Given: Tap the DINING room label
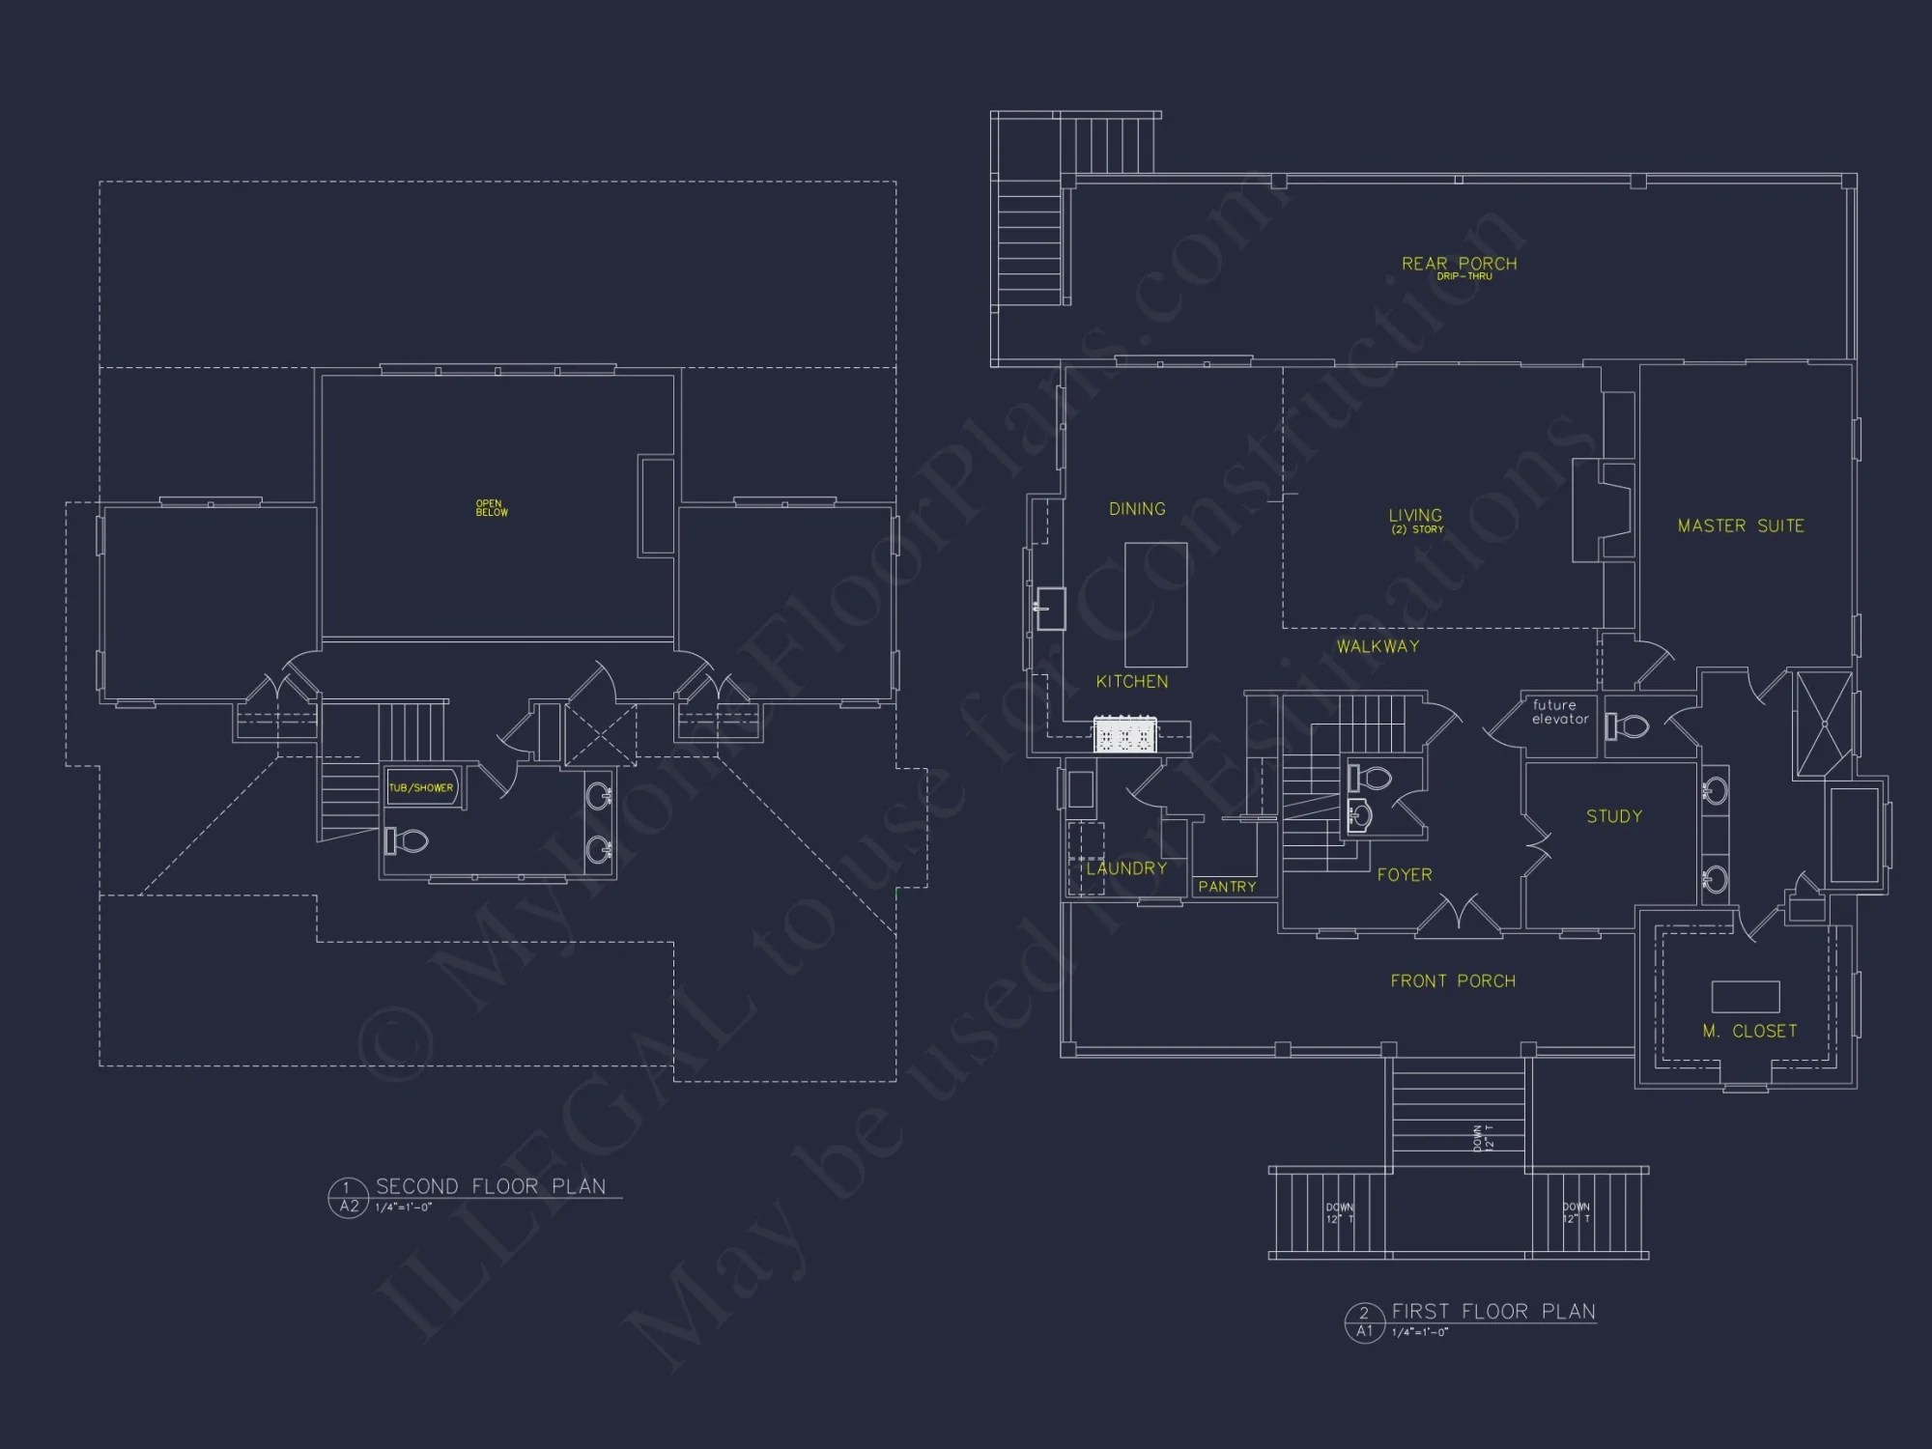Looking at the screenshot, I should click(1137, 509).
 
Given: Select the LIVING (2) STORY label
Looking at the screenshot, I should click(1416, 521).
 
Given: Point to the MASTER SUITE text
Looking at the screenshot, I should click(1741, 526).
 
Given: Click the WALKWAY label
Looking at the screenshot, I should click(1378, 646).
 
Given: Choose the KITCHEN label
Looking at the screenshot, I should click(1132, 682).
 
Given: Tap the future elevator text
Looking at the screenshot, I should click(1559, 712).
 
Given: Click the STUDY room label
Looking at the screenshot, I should click(1614, 816).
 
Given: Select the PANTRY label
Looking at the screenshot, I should click(1227, 887).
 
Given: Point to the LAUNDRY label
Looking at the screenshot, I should click(1126, 868).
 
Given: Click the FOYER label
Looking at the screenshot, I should click(1405, 875).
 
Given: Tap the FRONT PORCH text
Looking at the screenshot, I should click(1453, 981).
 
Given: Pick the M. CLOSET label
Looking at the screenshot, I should click(1749, 1032).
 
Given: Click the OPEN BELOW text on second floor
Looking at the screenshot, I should click(491, 508).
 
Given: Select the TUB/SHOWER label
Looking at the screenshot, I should click(421, 788).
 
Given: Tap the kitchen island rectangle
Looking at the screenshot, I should click(1155, 605).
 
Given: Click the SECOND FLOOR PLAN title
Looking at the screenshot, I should click(491, 1186).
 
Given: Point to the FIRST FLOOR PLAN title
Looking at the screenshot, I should click(1493, 1312).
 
